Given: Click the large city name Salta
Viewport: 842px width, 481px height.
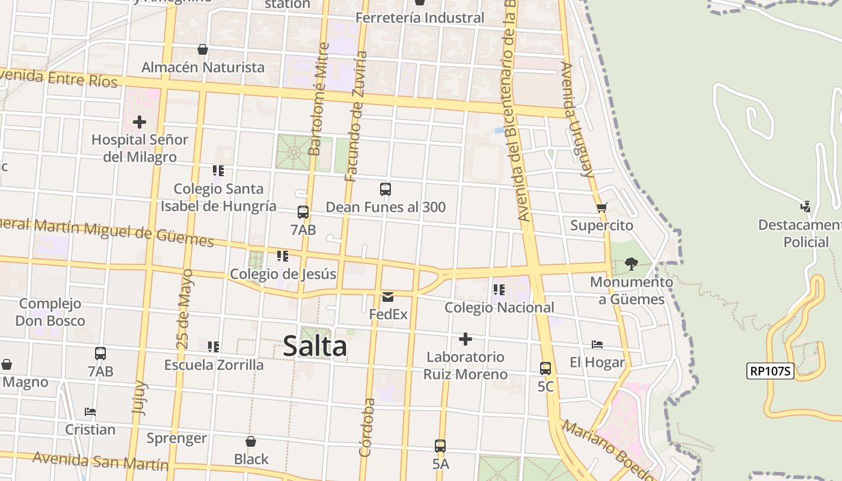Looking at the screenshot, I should click(x=315, y=346).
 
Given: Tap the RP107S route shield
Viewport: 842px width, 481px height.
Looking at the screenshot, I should click(x=770, y=371).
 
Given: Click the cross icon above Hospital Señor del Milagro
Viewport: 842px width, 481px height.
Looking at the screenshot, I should click(x=140, y=122).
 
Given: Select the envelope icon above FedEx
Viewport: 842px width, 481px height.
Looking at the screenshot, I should click(x=388, y=297).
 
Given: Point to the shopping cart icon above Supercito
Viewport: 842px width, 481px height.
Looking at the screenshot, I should click(x=601, y=208).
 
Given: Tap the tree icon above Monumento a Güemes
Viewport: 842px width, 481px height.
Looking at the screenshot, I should click(x=631, y=264).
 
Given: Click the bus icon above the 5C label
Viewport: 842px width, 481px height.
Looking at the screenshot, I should click(x=545, y=369).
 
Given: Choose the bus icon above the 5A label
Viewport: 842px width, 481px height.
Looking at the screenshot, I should click(x=440, y=446).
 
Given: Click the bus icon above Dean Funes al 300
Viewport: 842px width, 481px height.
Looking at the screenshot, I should click(x=386, y=189).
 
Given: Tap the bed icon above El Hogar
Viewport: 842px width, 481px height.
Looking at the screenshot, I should click(x=597, y=345).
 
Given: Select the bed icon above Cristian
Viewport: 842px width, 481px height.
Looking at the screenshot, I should click(x=90, y=412).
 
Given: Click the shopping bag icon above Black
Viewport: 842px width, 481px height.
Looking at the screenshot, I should click(x=251, y=442).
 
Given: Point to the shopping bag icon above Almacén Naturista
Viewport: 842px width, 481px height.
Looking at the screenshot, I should click(x=203, y=49).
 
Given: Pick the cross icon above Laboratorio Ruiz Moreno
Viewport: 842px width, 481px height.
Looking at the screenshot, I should click(x=465, y=339).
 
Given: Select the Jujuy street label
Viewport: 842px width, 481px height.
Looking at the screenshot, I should click(x=139, y=397).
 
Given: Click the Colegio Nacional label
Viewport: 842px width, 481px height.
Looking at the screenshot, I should click(x=499, y=307).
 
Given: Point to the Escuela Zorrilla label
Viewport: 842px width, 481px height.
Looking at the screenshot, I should click(x=214, y=365).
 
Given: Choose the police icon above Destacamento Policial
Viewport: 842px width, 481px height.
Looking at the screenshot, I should click(x=805, y=207).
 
